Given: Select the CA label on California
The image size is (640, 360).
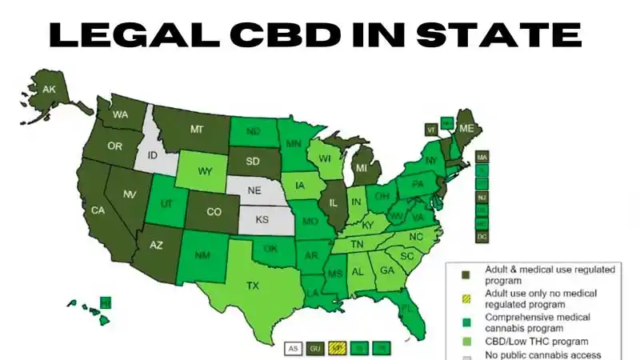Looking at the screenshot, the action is [x=99, y=210].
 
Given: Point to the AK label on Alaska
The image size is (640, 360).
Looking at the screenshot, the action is [x=50, y=89].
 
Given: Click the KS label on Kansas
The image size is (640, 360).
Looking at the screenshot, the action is [x=261, y=218].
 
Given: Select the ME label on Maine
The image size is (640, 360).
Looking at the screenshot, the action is [x=466, y=129].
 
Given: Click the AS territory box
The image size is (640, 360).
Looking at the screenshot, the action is [x=293, y=349].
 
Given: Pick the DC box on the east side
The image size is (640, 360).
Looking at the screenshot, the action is [x=482, y=237].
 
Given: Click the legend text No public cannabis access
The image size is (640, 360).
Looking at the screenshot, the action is [x=542, y=355].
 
